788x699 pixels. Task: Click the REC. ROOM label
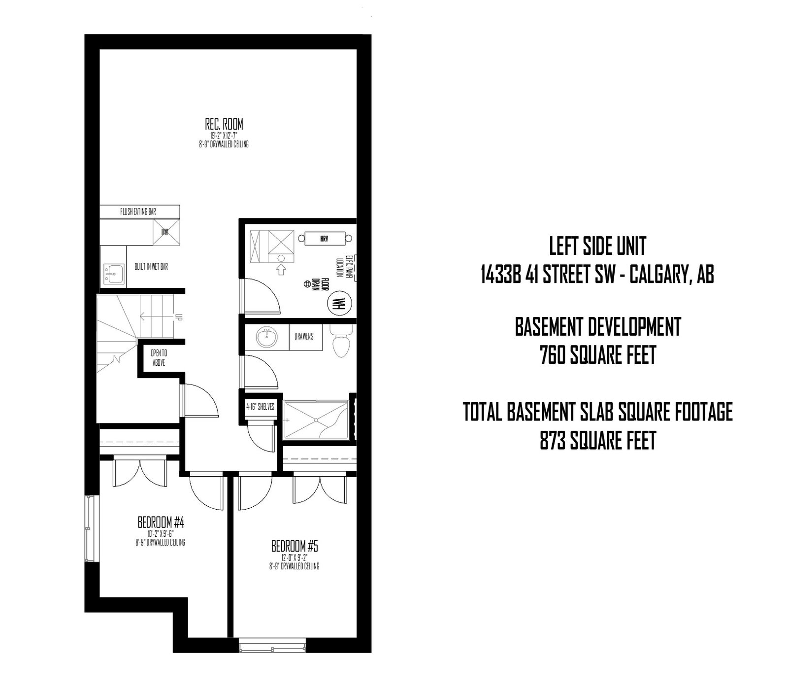click(x=224, y=124)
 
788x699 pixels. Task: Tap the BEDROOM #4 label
click(x=161, y=522)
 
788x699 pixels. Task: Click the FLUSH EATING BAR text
click(x=138, y=211)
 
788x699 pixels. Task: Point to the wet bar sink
click(x=113, y=273)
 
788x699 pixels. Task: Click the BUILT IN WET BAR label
click(x=151, y=267)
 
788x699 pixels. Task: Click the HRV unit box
click(x=324, y=239)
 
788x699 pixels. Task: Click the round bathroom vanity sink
click(x=266, y=338)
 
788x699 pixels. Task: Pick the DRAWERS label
click(x=304, y=337)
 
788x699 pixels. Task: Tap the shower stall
click(x=316, y=419)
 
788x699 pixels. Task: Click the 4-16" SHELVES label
click(x=260, y=407)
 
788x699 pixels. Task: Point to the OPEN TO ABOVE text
click(x=159, y=357)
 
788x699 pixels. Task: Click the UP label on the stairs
click(x=179, y=317)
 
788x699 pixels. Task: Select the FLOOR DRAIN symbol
click(x=306, y=284)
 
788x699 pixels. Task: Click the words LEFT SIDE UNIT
click(x=597, y=246)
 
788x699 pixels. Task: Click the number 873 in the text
click(x=554, y=440)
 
